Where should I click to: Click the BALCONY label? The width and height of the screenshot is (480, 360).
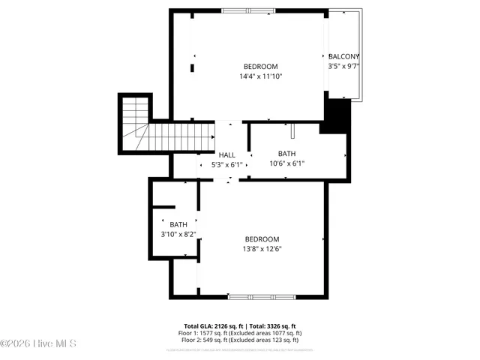point(344,56)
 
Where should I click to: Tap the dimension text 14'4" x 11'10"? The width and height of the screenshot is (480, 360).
point(261,76)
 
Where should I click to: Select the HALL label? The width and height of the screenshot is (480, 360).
point(227,154)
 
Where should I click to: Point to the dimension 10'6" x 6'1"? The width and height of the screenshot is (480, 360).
point(287,163)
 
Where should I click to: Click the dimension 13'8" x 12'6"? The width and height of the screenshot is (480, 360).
point(262,249)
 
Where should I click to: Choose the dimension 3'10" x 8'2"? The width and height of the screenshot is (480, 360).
point(178,234)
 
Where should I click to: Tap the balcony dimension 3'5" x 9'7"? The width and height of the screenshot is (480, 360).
point(344,66)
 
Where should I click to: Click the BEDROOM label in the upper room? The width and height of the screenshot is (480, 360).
point(261,66)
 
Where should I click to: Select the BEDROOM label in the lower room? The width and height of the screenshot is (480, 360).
point(262,239)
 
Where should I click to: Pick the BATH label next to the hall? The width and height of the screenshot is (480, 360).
point(287,154)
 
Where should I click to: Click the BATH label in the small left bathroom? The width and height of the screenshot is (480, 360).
point(178,224)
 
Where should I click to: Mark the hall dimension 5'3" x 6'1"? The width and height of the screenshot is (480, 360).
point(227,164)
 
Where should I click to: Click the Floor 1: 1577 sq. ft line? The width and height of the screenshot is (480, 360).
point(240,333)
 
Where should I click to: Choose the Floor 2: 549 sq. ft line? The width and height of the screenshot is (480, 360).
point(240,339)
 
